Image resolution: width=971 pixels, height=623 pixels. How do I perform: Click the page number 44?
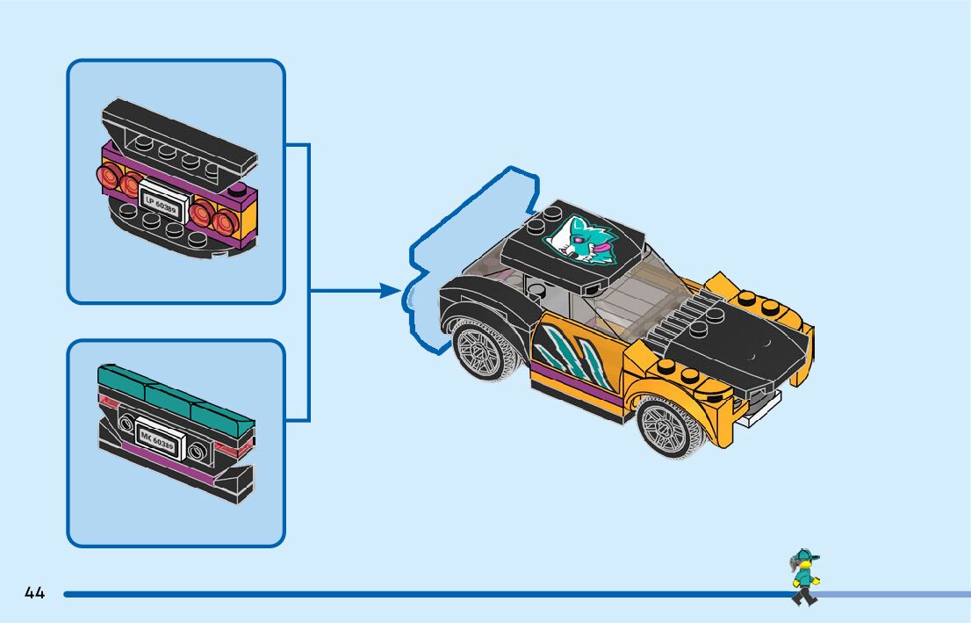(35, 593)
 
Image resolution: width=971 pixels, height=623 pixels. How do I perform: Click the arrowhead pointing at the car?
(391, 290)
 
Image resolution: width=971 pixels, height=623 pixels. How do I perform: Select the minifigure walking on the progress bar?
(803, 576)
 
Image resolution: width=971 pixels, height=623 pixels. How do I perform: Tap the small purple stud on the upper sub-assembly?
(237, 191)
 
